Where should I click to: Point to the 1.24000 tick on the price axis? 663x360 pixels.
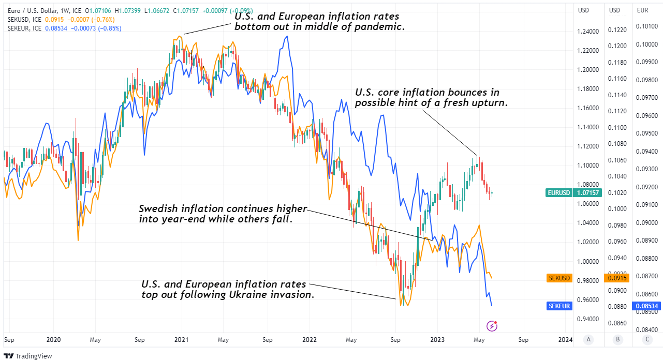(x=588, y=32)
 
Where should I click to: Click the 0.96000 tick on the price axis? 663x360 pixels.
(x=588, y=300)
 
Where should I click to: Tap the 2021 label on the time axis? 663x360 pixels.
(x=181, y=340)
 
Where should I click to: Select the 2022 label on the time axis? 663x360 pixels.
(x=309, y=340)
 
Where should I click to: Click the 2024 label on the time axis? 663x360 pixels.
(x=566, y=340)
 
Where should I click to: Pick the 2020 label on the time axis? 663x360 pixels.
(x=53, y=340)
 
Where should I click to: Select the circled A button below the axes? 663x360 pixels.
(x=588, y=339)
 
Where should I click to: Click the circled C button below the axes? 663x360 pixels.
(x=647, y=339)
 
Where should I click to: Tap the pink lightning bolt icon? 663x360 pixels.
(x=492, y=326)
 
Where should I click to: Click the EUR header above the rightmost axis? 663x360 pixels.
(x=642, y=10)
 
